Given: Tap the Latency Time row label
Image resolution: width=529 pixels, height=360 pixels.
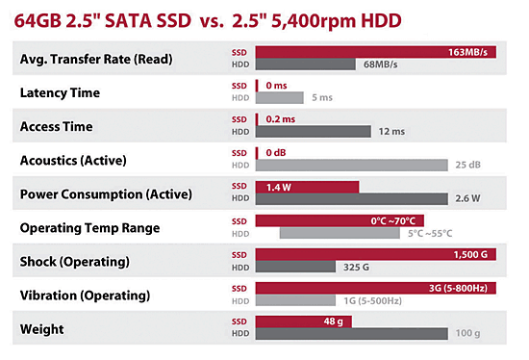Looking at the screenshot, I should point(72,92).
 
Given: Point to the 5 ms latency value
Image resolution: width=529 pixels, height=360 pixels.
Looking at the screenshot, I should point(322,98).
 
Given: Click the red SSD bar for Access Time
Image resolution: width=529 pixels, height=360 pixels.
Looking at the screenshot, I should point(257,117).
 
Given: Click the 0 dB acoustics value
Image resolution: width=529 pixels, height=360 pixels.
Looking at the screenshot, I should point(276,151).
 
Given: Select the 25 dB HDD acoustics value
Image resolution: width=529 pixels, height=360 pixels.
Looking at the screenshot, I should point(467,165).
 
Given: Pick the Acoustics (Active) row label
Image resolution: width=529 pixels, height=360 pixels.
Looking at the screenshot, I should point(87,159).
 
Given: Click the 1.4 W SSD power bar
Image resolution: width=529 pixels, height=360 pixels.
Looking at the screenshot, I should point(306,186).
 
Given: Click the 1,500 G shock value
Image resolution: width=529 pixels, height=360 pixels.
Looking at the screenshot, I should point(472,254).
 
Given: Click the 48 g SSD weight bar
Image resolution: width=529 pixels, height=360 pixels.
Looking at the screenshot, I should point(302,321).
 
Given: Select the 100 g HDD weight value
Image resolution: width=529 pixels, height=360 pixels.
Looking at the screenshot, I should point(467,334).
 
